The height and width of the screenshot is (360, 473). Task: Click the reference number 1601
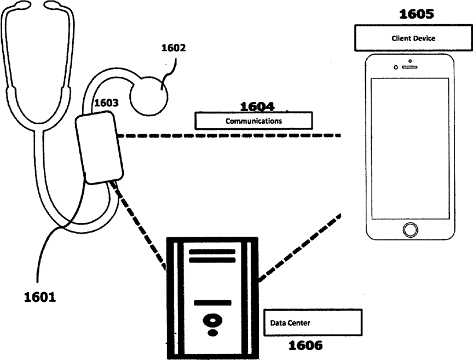coord(40,297)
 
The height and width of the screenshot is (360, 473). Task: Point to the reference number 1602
coord(174,48)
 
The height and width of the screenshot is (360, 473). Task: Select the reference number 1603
coord(106,103)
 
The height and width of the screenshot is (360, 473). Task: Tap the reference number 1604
coord(257,106)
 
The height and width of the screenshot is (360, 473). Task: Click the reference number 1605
coord(416,14)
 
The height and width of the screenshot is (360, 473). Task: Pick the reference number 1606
coord(305,345)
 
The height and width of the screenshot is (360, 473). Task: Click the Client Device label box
coord(413,38)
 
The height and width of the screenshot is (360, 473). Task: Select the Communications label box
coord(253,121)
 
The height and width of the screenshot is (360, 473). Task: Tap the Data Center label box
coord(313,323)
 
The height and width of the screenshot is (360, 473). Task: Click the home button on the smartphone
coord(410,230)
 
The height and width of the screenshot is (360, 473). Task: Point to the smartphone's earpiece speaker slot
coord(410,67)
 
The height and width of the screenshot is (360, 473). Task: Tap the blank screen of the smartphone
coord(410,148)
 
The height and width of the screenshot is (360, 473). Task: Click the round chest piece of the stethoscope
coord(149,96)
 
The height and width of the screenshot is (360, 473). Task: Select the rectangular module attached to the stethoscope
coord(99,147)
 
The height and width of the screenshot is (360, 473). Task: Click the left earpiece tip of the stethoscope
coord(22,4)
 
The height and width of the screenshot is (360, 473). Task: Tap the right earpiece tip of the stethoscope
coord(52,4)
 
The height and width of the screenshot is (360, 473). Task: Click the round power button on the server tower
coord(212,321)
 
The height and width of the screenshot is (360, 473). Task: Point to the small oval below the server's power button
coord(212,333)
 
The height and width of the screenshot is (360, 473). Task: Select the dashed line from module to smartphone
coord(229,135)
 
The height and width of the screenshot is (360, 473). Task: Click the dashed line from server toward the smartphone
coord(299,248)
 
